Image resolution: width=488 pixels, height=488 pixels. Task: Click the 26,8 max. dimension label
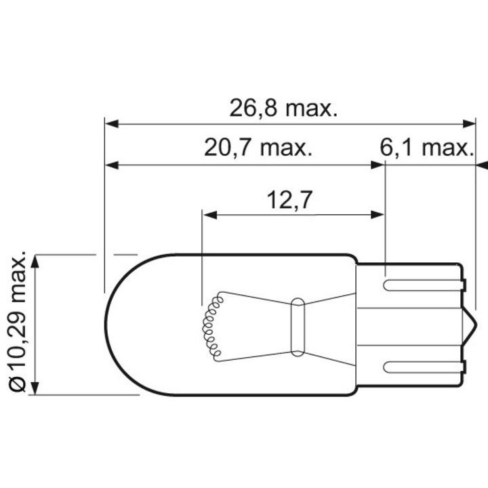click(283, 108)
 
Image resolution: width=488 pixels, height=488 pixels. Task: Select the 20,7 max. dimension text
click(258, 148)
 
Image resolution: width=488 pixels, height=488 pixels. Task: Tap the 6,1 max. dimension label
click(425, 148)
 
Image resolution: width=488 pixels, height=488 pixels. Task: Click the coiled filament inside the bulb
click(211, 324)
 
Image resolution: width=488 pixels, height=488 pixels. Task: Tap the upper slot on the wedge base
click(420, 284)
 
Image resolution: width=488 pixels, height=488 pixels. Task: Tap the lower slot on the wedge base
click(420, 367)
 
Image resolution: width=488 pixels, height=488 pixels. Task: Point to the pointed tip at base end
click(472, 325)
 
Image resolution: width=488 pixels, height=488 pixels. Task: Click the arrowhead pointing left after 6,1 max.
click(482, 165)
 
